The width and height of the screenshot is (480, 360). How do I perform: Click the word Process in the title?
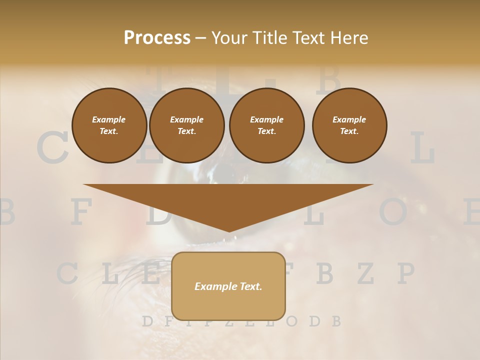pos(157,38)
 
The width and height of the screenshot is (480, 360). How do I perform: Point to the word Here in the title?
pos(349,38)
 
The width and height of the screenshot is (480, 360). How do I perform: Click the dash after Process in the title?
pos(201,38)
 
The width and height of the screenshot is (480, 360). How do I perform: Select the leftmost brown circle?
pos(109,125)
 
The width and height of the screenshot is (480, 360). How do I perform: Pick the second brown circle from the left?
pos(186,125)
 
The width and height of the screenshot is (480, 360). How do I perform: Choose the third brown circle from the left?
pos(266,125)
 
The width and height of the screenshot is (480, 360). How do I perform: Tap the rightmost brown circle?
pos(349,125)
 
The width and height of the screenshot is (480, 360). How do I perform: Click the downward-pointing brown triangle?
pos(228,202)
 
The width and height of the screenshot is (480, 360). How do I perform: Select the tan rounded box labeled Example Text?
pos(228,286)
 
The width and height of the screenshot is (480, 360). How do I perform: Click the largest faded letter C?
pos(52,149)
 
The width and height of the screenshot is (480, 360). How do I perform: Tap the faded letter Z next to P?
pos(366,273)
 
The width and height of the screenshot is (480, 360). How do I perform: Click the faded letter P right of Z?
pos(405,273)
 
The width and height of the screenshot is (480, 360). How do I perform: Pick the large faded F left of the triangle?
pos(81,212)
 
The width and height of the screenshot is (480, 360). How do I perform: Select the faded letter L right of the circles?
pos(422,149)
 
